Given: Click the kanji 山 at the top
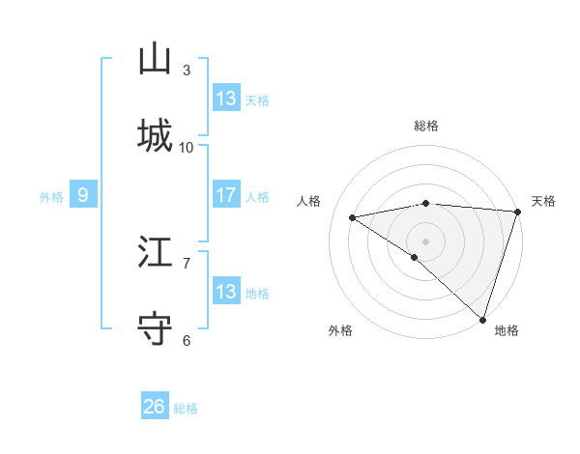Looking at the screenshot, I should [x=155, y=59].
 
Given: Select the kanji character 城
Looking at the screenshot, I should [x=155, y=135].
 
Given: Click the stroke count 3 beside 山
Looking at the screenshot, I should [x=186, y=71].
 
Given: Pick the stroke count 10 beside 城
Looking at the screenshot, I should [x=187, y=147].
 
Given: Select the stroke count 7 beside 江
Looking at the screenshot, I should [x=186, y=263].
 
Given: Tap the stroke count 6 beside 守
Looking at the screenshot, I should [x=186, y=340].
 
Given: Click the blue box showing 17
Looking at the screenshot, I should [x=226, y=195].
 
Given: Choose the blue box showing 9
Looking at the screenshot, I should [x=83, y=195].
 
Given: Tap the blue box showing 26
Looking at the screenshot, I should [x=155, y=407].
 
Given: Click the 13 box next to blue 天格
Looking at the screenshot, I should [x=226, y=99].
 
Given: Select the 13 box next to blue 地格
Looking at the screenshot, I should [x=226, y=292].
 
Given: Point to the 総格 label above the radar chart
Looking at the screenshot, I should [x=425, y=126].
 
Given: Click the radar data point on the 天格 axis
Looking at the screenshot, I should [x=517, y=211].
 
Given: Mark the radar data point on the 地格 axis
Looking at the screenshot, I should [x=482, y=319].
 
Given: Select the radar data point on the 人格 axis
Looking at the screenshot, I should [x=353, y=217].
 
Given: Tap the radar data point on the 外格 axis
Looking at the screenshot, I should [x=415, y=257].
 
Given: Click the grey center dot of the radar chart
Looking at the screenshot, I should [x=425, y=241].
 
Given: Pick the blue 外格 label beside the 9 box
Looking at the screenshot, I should [x=51, y=197].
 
